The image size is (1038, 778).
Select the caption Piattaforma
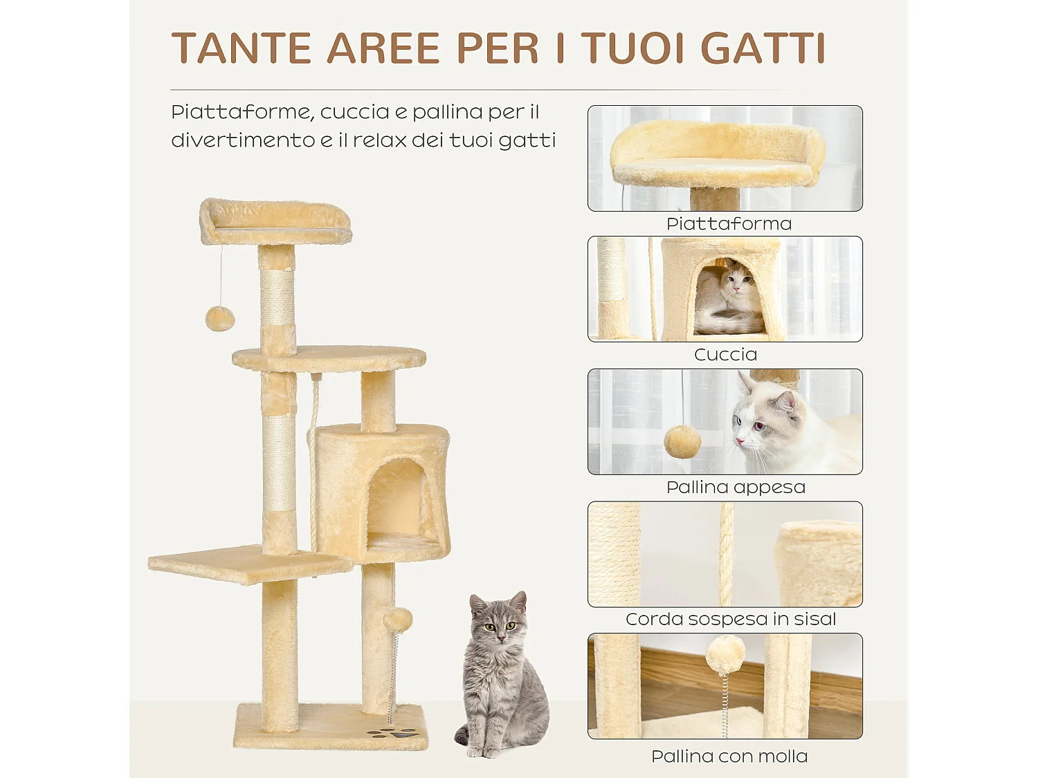(x=729, y=224)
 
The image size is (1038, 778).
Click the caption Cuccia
(x=725, y=355)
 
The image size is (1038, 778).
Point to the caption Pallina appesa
(x=736, y=488)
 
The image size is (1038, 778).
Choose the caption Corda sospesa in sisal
(x=731, y=619)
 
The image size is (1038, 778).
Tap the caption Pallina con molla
(x=729, y=757)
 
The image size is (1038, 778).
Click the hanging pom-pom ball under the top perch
(x=220, y=318)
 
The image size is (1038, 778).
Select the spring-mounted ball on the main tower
(x=398, y=620)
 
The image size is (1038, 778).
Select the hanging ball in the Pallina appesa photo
(x=682, y=441)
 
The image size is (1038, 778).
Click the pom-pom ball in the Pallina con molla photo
(x=725, y=654)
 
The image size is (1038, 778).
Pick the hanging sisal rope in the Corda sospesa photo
(x=727, y=553)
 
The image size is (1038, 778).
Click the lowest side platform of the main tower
(x=242, y=564)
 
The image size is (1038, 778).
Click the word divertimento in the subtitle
(x=243, y=140)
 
